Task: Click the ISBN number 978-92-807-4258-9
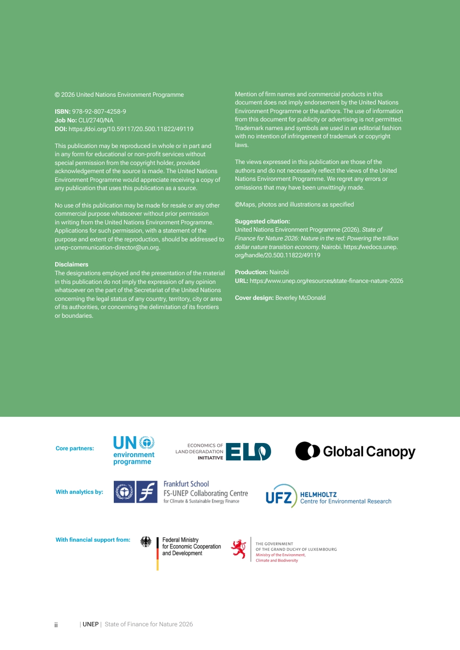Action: coord(99,112)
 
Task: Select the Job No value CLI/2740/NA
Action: coord(96,120)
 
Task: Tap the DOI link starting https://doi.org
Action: coord(131,129)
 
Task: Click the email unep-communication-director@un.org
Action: coord(107,248)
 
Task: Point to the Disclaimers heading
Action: coord(72,265)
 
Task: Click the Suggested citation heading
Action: coord(262,222)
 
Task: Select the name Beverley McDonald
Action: coord(300,298)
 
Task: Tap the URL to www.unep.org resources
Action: coord(326,281)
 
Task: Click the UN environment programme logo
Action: coord(134,450)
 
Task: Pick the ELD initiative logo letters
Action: coord(248,452)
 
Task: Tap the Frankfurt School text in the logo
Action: coord(186,484)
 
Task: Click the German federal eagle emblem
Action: coord(146,542)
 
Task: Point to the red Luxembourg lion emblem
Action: coord(239,549)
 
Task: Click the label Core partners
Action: coord(75,449)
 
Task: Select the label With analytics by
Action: coord(79,492)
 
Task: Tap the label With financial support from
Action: coord(93,540)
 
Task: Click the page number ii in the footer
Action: coord(56,625)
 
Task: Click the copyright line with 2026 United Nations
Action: coord(119,95)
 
